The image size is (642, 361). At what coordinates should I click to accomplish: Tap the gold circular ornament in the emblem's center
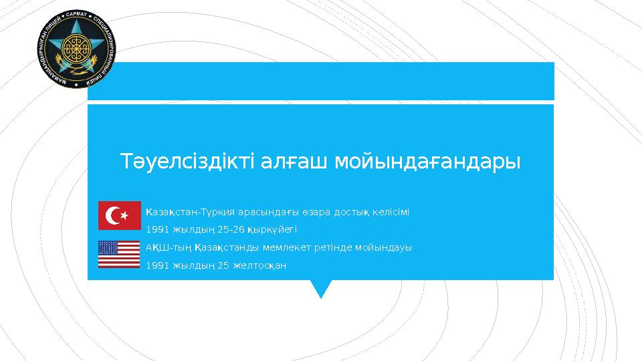coord(76,48)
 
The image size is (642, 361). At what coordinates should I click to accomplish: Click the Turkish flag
coord(119,215)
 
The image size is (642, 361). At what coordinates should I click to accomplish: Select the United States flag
coord(119,255)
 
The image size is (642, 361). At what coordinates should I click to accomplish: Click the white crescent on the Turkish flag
coord(113,215)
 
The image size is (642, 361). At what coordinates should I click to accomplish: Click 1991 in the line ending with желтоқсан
coord(157,265)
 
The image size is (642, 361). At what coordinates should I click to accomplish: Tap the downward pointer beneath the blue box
coord(321,289)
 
